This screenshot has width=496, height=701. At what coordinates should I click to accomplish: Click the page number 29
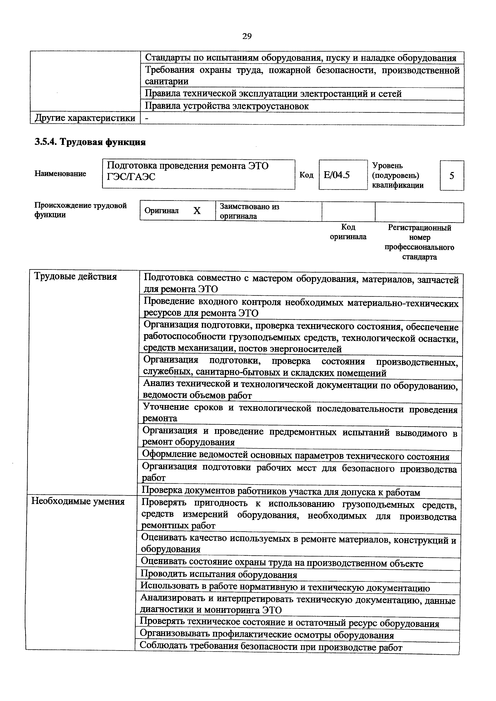pyautogui.click(x=247, y=37)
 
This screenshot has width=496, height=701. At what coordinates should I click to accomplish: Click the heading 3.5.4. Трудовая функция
pyautogui.click(x=90, y=142)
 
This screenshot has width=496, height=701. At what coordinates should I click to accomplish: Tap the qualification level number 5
pyautogui.click(x=452, y=176)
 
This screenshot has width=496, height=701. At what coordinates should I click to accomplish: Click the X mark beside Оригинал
pyautogui.click(x=197, y=211)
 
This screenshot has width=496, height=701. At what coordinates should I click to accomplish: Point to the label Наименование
pyautogui.click(x=60, y=174)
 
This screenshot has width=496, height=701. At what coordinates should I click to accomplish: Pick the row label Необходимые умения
pyautogui.click(x=78, y=501)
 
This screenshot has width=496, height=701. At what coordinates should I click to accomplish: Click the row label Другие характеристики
pyautogui.click(x=85, y=118)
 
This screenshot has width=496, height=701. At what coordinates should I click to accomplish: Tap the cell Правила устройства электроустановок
pyautogui.click(x=227, y=106)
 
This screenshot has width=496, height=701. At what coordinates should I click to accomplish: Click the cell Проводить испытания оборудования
pyautogui.click(x=219, y=575)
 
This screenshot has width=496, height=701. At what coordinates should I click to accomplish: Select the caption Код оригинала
pyautogui.click(x=348, y=232)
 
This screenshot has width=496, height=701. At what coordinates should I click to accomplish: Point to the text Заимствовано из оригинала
pyautogui.click(x=249, y=211)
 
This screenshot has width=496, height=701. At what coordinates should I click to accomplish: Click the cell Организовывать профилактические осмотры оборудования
pyautogui.click(x=267, y=635)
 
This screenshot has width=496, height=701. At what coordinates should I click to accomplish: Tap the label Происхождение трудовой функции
pyautogui.click(x=80, y=210)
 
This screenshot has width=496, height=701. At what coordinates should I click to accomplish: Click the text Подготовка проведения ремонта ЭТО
pyautogui.click(x=188, y=166)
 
